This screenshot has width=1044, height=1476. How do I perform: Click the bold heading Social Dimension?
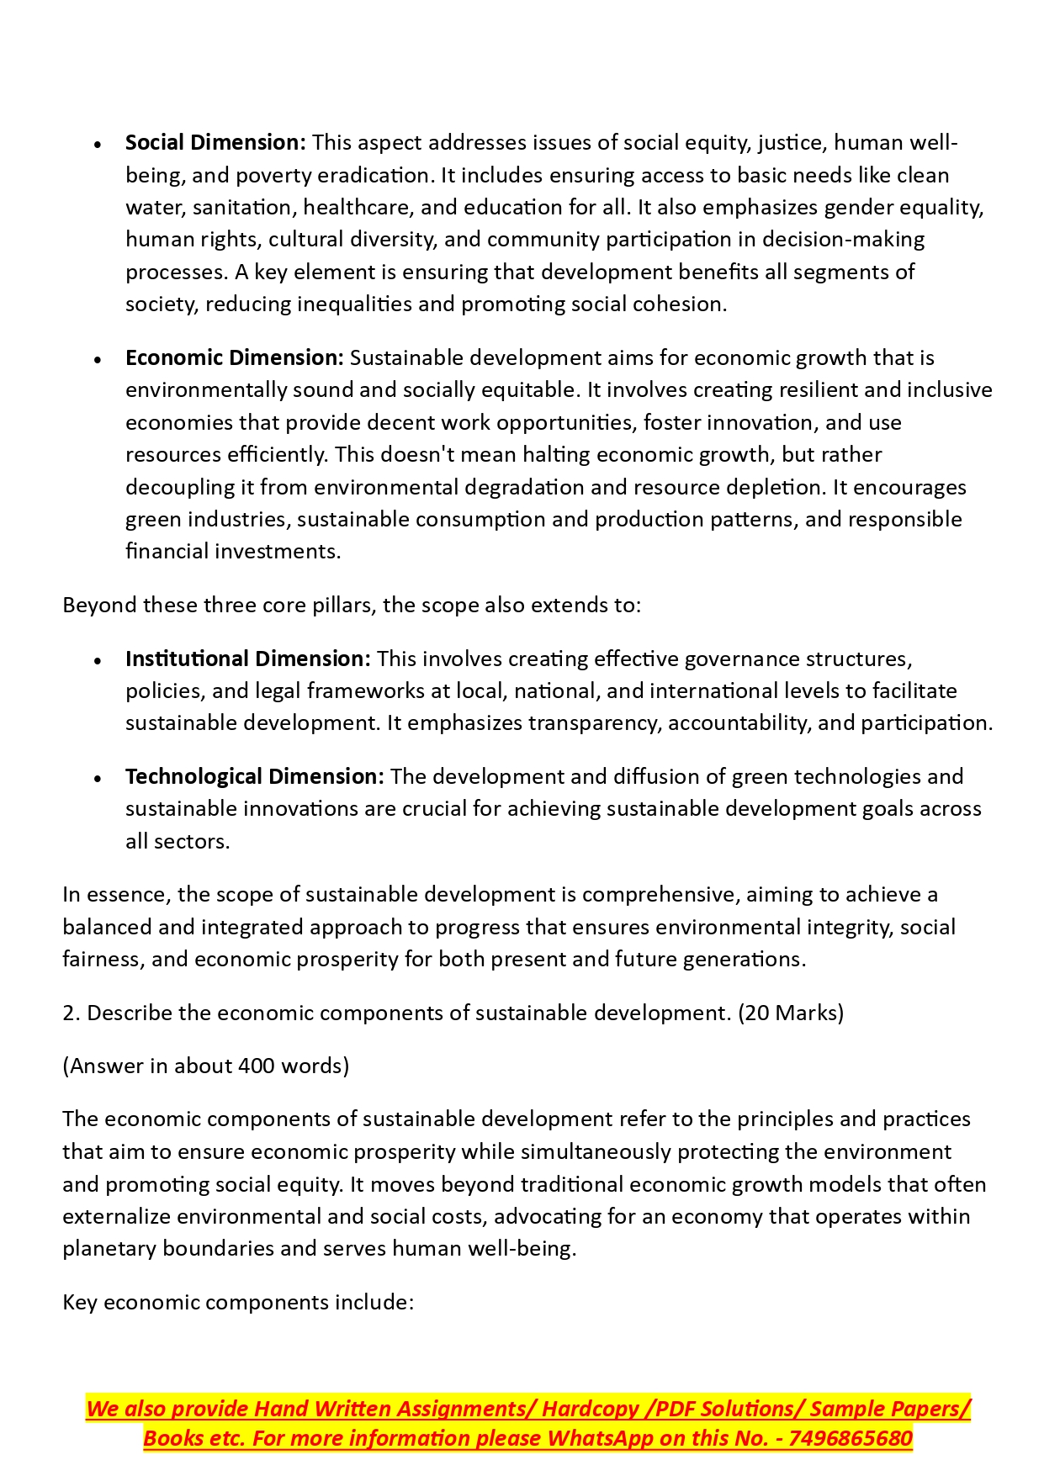pyautogui.click(x=215, y=143)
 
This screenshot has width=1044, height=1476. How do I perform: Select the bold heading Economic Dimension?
pyautogui.click(x=234, y=358)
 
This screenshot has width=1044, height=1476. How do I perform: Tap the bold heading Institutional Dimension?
pyautogui.click(x=247, y=659)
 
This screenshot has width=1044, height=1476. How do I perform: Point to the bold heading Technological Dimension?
pyautogui.click(x=254, y=776)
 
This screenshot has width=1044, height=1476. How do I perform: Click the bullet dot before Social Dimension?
pyautogui.click(x=98, y=145)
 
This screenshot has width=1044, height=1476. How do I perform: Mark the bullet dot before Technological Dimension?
pyautogui.click(x=98, y=778)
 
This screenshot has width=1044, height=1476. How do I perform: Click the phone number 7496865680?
pyautogui.click(x=851, y=1439)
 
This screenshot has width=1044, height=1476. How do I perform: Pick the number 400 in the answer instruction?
pyautogui.click(x=256, y=1066)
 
